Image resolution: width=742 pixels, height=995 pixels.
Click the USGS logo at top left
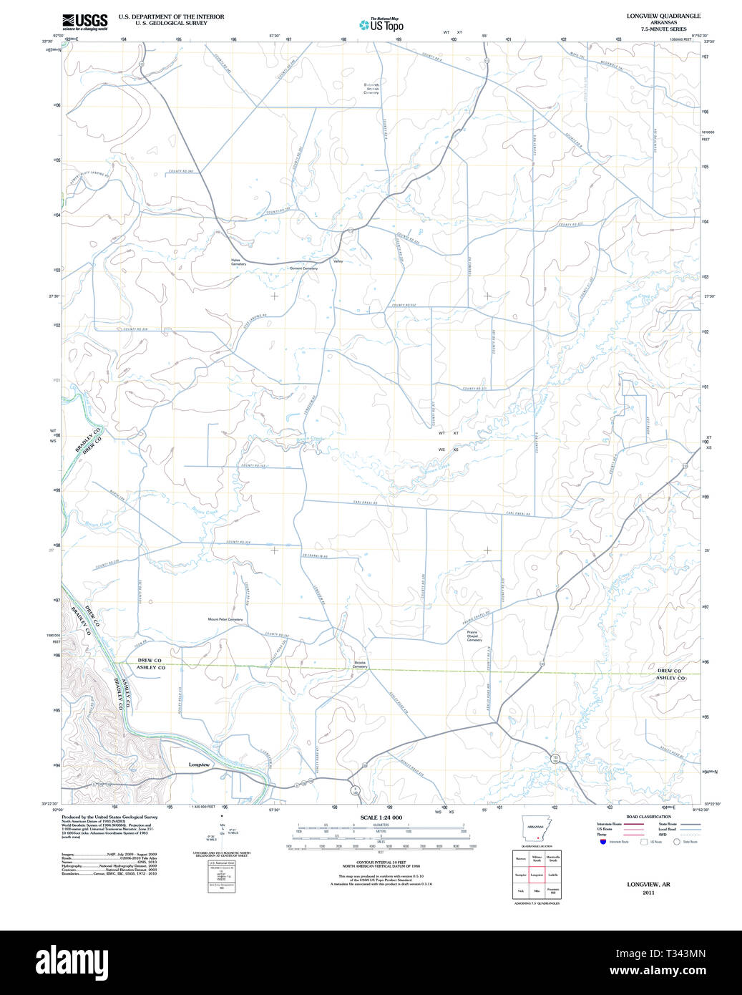click(84, 21)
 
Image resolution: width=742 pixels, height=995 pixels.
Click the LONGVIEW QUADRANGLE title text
click(663, 16)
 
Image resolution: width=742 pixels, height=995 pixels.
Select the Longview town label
click(199, 765)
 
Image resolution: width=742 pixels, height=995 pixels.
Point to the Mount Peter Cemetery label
click(225, 619)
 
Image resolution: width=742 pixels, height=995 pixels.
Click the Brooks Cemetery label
click(359, 664)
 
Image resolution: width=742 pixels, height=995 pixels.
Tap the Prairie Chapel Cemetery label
click(474, 636)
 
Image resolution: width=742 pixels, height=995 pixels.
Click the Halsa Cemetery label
click(238, 262)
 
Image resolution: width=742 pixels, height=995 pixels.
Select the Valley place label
click(338, 261)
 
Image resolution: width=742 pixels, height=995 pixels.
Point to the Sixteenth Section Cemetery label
click(371, 88)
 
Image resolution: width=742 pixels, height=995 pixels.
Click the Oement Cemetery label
click(303, 268)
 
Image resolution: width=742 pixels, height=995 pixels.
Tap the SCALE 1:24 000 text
click(381, 817)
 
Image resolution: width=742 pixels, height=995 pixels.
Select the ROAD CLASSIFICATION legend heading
click(648, 817)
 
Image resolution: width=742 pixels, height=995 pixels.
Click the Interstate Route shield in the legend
click(603, 842)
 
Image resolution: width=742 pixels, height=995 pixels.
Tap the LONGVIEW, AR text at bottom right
click(648, 884)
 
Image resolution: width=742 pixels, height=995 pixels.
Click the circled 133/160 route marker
click(555, 757)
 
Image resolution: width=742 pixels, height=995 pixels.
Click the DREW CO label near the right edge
click(669, 671)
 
